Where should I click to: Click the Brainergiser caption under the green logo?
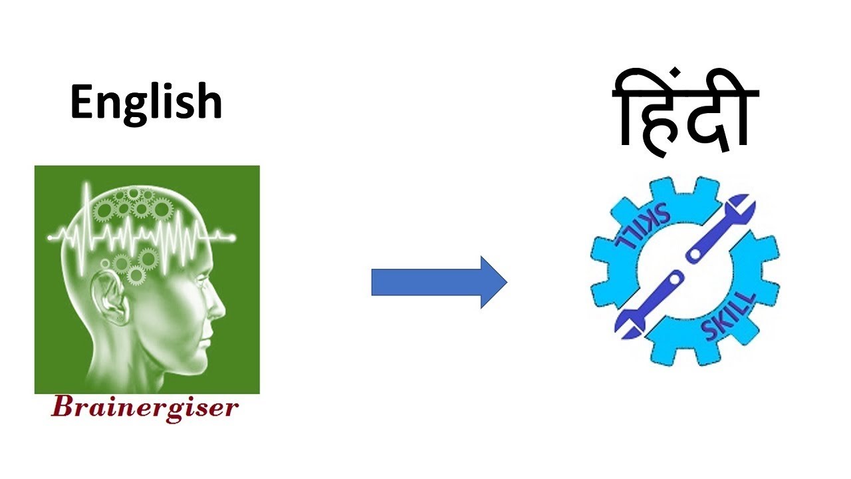[144, 407]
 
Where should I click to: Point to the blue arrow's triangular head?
[492, 282]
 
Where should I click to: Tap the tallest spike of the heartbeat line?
[86, 193]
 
